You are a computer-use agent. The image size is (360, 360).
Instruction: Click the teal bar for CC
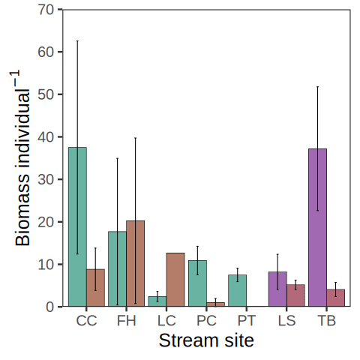[77, 226]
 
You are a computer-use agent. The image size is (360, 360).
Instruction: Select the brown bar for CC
[95, 288]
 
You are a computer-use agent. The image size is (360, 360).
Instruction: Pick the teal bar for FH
[118, 268]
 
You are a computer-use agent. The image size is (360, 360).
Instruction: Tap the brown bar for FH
[136, 263]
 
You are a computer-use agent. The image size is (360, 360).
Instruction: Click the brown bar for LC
[175, 280]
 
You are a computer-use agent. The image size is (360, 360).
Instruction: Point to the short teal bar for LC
[157, 301]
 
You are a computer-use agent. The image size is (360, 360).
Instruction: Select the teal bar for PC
[197, 283]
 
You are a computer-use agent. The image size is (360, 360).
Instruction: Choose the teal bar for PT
[238, 290]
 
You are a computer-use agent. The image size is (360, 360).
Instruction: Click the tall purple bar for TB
[317, 227]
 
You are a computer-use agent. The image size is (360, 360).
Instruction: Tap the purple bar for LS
[277, 289]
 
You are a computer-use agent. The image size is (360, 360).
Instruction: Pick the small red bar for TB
[336, 298]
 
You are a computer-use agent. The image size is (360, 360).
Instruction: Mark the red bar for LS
[295, 295]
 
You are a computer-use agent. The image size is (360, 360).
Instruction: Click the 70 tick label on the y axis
[46, 10]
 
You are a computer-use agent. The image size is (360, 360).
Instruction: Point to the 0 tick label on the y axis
[50, 307]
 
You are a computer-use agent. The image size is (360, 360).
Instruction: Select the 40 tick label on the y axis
[46, 137]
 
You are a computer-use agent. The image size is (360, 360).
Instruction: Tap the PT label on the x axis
[247, 320]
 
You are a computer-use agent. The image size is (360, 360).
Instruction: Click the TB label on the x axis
[327, 320]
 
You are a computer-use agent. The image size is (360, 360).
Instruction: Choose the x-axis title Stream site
[206, 340]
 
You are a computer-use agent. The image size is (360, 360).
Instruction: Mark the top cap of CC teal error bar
[77, 40]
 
